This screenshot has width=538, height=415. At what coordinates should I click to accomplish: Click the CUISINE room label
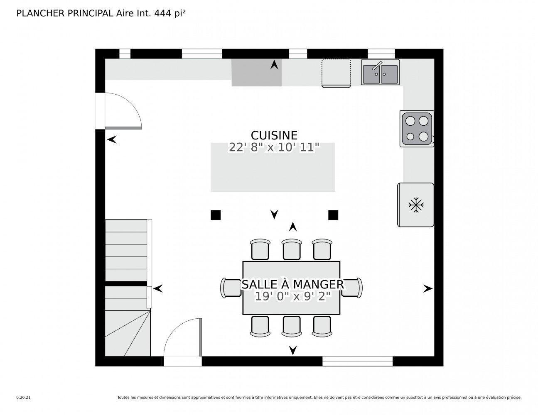point(274,135)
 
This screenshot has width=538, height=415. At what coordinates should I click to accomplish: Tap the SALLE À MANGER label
point(292,285)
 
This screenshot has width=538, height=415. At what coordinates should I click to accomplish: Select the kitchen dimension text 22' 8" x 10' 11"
point(274,147)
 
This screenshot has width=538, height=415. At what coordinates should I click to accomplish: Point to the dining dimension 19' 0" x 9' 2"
point(292,296)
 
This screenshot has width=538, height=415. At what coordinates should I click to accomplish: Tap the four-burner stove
point(417,128)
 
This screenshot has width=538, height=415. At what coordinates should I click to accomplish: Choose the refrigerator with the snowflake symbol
point(415,205)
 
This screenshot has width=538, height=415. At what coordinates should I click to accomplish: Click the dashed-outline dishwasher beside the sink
point(336,73)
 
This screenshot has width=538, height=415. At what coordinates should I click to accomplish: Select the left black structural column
point(215,215)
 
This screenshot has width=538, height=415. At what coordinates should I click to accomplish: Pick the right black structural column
point(333,215)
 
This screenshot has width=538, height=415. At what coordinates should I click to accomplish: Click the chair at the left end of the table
point(230,288)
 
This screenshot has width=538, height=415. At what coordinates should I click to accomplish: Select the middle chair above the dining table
point(292,249)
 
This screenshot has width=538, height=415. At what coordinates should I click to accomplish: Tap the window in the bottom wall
point(357,361)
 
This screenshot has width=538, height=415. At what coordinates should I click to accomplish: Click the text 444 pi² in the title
point(170,13)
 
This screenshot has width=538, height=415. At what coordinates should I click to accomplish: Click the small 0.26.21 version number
point(23,397)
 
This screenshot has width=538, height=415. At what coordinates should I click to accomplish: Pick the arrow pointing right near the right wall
point(427,289)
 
